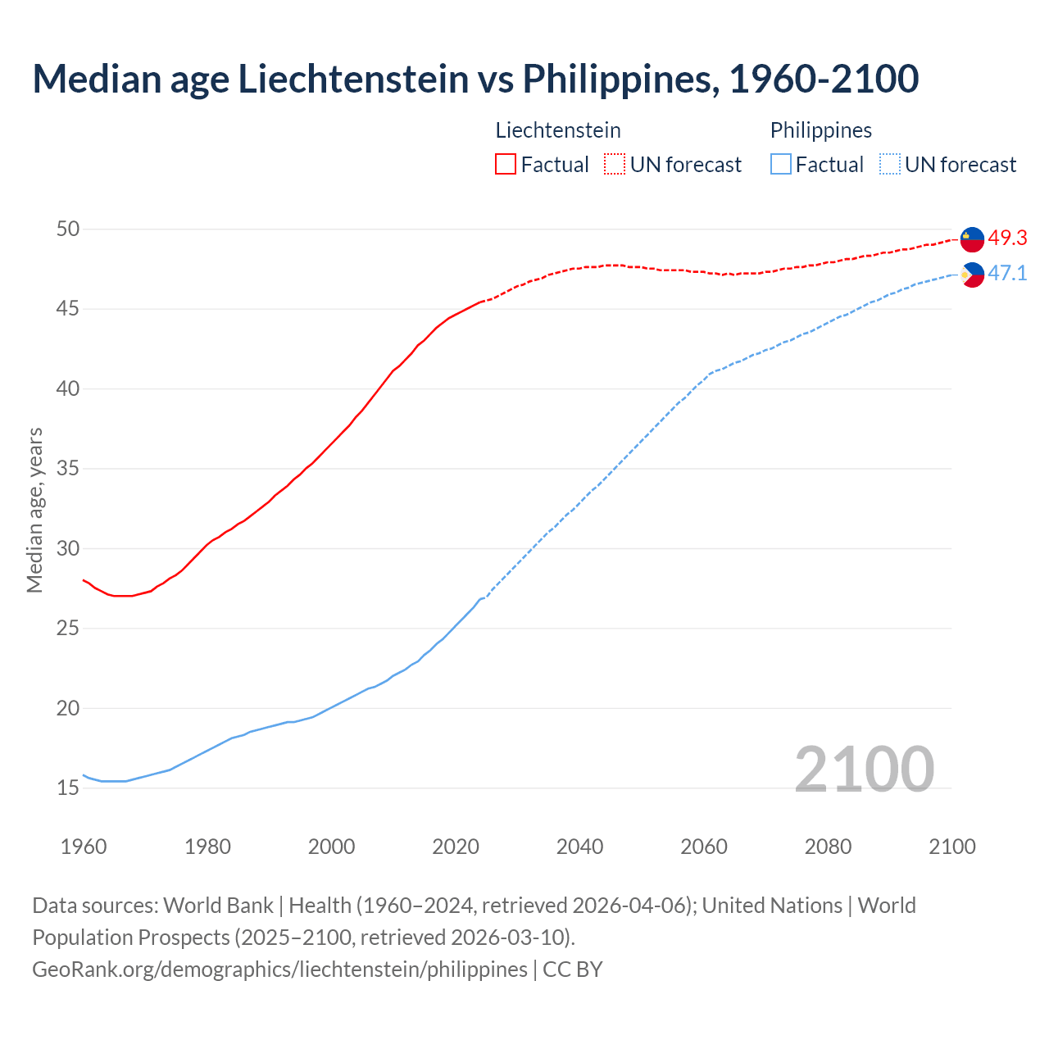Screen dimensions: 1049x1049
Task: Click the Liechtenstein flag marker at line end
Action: pyautogui.click(x=972, y=238)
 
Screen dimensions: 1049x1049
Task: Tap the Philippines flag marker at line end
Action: pyautogui.click(x=972, y=275)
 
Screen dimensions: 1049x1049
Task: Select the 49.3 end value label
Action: pyautogui.click(x=1007, y=238)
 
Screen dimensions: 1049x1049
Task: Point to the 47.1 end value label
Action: pyautogui.click(x=1007, y=274)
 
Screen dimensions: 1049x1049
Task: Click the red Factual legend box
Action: pyautogui.click(x=506, y=165)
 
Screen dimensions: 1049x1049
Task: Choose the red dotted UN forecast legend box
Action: pyautogui.click(x=615, y=165)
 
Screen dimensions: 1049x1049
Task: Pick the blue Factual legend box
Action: pyautogui.click(x=781, y=165)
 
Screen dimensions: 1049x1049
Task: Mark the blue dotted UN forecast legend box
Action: pyautogui.click(x=889, y=165)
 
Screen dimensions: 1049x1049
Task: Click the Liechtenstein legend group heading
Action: pyautogui.click(x=558, y=130)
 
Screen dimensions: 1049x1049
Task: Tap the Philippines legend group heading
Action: pyautogui.click(x=820, y=130)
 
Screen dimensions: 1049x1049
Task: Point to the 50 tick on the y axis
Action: pyautogui.click(x=68, y=229)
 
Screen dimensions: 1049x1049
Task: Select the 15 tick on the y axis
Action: pyautogui.click(x=68, y=788)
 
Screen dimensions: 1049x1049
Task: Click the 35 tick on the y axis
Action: pyautogui.click(x=68, y=469)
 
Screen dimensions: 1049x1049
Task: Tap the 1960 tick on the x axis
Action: pyautogui.click(x=84, y=847)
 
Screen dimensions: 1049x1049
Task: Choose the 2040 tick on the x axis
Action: pyautogui.click(x=579, y=847)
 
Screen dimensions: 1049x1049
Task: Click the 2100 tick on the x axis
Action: pyautogui.click(x=951, y=847)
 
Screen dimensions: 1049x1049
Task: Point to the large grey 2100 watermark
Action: pyautogui.click(x=864, y=769)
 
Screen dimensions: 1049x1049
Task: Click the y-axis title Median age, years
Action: pyautogui.click(x=34, y=510)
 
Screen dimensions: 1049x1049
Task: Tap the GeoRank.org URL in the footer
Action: pyautogui.click(x=279, y=969)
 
